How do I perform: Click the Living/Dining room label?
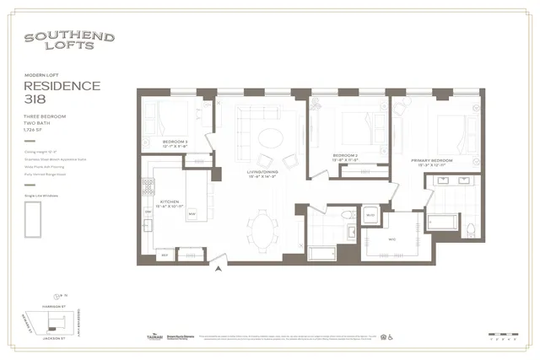262,173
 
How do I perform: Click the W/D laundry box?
369,216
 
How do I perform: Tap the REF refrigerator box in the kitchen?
165,253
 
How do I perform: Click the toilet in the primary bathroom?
469,228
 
